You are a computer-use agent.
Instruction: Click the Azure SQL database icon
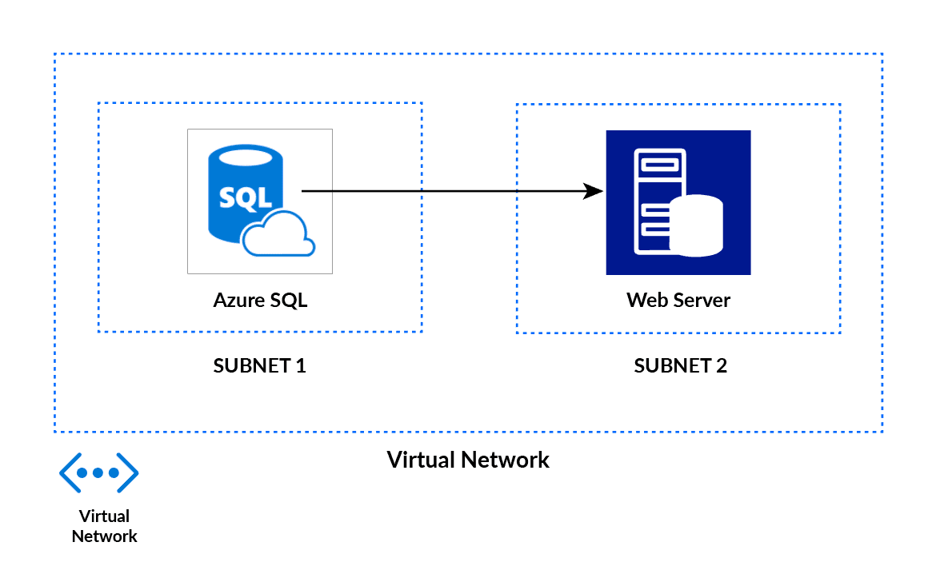pos(259,201)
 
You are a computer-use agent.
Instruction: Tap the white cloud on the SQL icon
pos(278,235)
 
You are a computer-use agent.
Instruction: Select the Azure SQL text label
pos(260,301)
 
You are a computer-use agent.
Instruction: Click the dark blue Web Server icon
pos(678,202)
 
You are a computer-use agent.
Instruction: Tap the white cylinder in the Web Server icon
pos(696,225)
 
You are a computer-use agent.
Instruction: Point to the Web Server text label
pos(678,301)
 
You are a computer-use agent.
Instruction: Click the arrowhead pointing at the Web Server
pos(593,191)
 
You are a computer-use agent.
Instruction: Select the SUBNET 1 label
pos(259,366)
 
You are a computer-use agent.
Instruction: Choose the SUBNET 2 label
pos(680,366)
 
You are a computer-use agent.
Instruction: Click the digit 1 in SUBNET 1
pos(301,366)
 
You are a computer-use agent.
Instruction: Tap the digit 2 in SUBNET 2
pos(722,366)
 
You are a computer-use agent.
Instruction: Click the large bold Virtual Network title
pos(468,460)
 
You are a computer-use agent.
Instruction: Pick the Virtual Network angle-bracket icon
pos(99,472)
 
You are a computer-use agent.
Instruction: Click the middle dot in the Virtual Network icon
pos(99,472)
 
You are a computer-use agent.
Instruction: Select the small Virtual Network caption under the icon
pos(104,526)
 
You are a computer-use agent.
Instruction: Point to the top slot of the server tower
pos(656,165)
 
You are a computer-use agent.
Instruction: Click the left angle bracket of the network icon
pos(70,472)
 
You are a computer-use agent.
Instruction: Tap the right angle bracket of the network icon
pos(129,472)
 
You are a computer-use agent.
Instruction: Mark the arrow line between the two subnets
pos(448,191)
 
